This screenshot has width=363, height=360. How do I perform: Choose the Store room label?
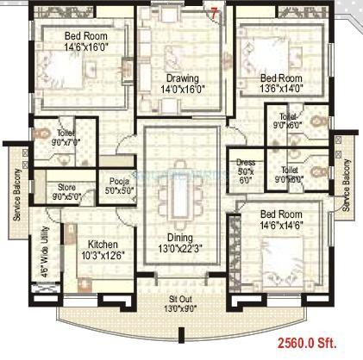(x=66, y=185)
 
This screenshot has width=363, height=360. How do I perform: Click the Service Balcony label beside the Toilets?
(x=347, y=184)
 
